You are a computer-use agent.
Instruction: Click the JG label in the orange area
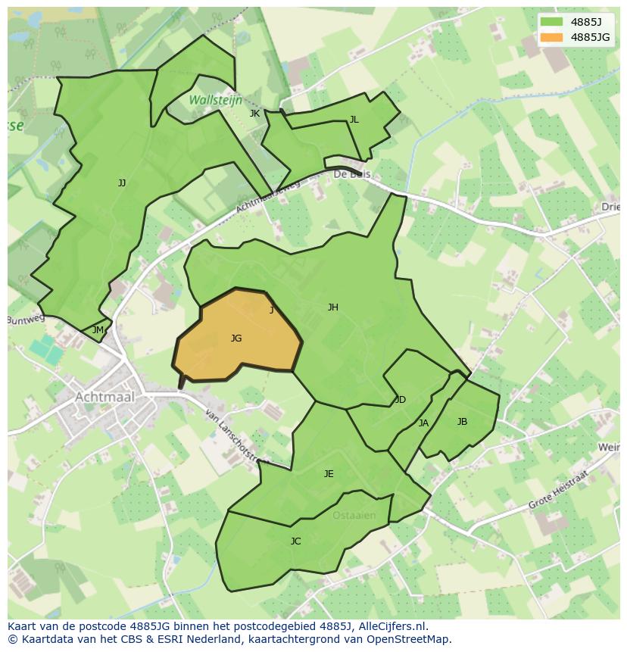point(236,338)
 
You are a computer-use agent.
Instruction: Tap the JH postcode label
point(332,307)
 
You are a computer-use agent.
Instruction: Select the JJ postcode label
point(122,182)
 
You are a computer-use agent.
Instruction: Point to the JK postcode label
point(254,114)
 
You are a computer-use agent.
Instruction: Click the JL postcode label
point(354,120)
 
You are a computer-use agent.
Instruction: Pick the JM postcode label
point(98,330)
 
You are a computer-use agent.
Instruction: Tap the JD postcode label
point(401,400)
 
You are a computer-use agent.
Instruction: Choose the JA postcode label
point(423,423)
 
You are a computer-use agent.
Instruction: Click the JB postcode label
point(462,422)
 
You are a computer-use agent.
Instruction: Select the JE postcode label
point(329,474)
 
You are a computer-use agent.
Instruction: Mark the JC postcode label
point(295,541)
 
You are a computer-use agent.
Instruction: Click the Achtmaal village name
point(104,397)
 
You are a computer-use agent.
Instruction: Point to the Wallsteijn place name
point(216,100)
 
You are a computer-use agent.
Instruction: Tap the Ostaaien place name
point(354,516)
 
